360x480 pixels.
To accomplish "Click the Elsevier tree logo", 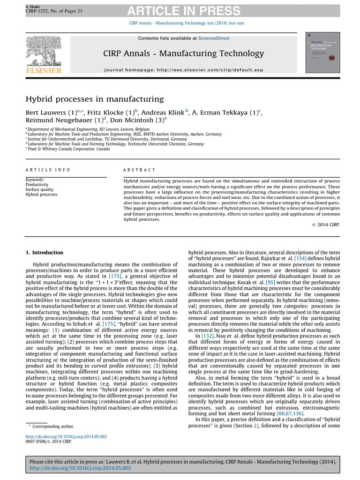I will tap(45, 50).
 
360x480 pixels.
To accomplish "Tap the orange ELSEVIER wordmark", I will tap(45, 71).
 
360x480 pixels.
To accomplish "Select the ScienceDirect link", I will tap(214, 38).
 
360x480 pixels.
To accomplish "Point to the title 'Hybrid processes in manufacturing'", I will tap(95, 99).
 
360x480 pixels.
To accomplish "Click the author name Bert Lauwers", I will tap(45, 113).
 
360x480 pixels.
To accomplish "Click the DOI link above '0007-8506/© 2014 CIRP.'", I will tap(66, 436).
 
